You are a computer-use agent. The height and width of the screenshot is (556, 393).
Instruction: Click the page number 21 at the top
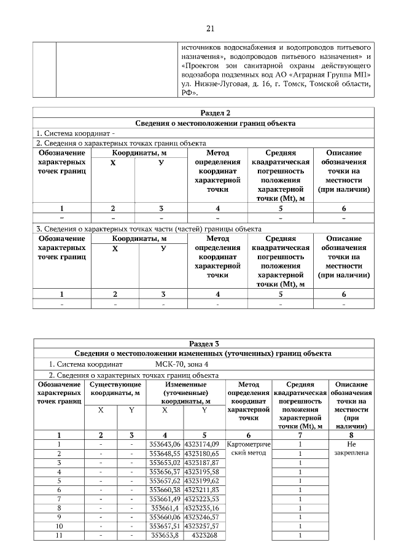[210, 28]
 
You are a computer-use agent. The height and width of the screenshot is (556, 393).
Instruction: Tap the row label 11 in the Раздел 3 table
[59, 536]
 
